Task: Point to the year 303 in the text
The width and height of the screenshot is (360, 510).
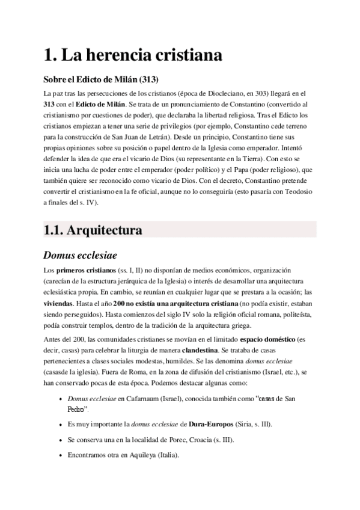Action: [x=263, y=94]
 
